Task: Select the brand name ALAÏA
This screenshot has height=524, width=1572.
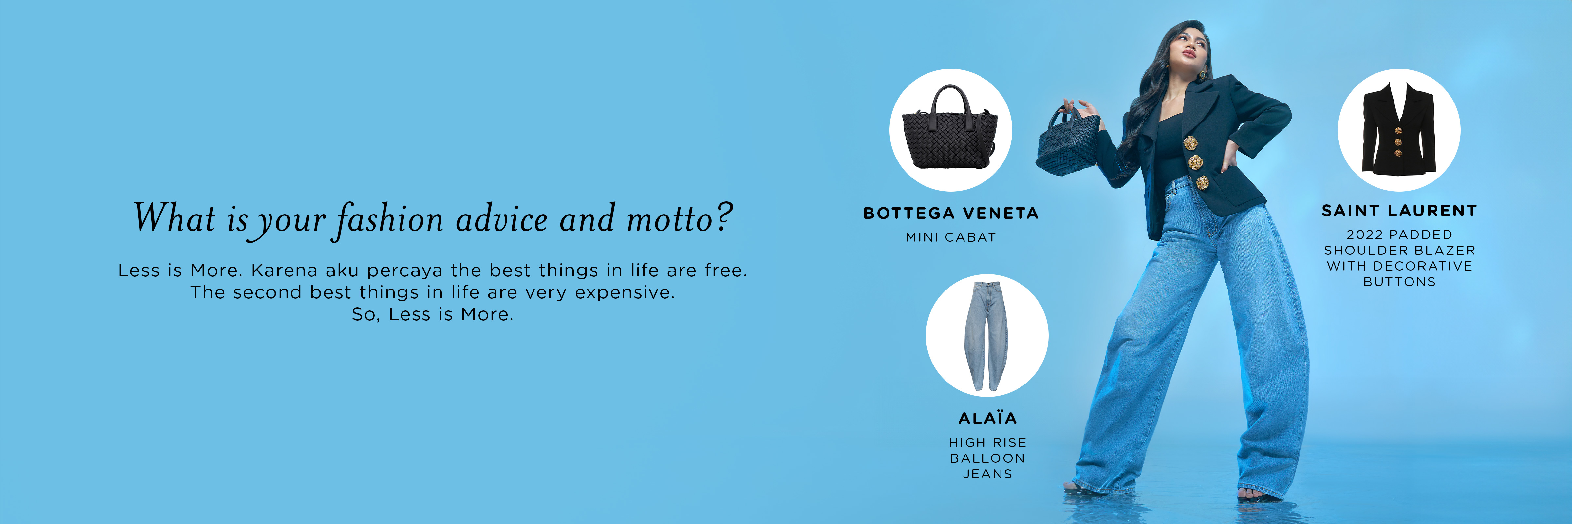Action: point(987,418)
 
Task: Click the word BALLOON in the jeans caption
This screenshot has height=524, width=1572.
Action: point(987,458)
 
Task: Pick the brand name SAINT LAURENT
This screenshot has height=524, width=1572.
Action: point(1399,211)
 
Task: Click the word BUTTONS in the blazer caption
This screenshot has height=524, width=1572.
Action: point(1399,282)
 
